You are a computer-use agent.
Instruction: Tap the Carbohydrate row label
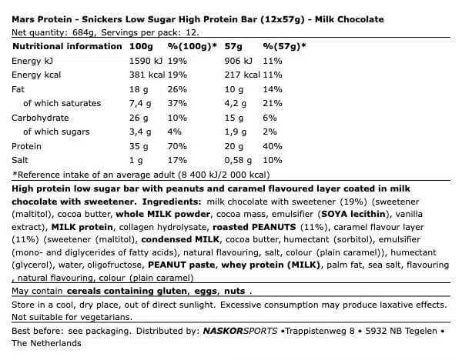pos(40,118)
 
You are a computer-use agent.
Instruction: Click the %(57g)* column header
pos(284,46)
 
